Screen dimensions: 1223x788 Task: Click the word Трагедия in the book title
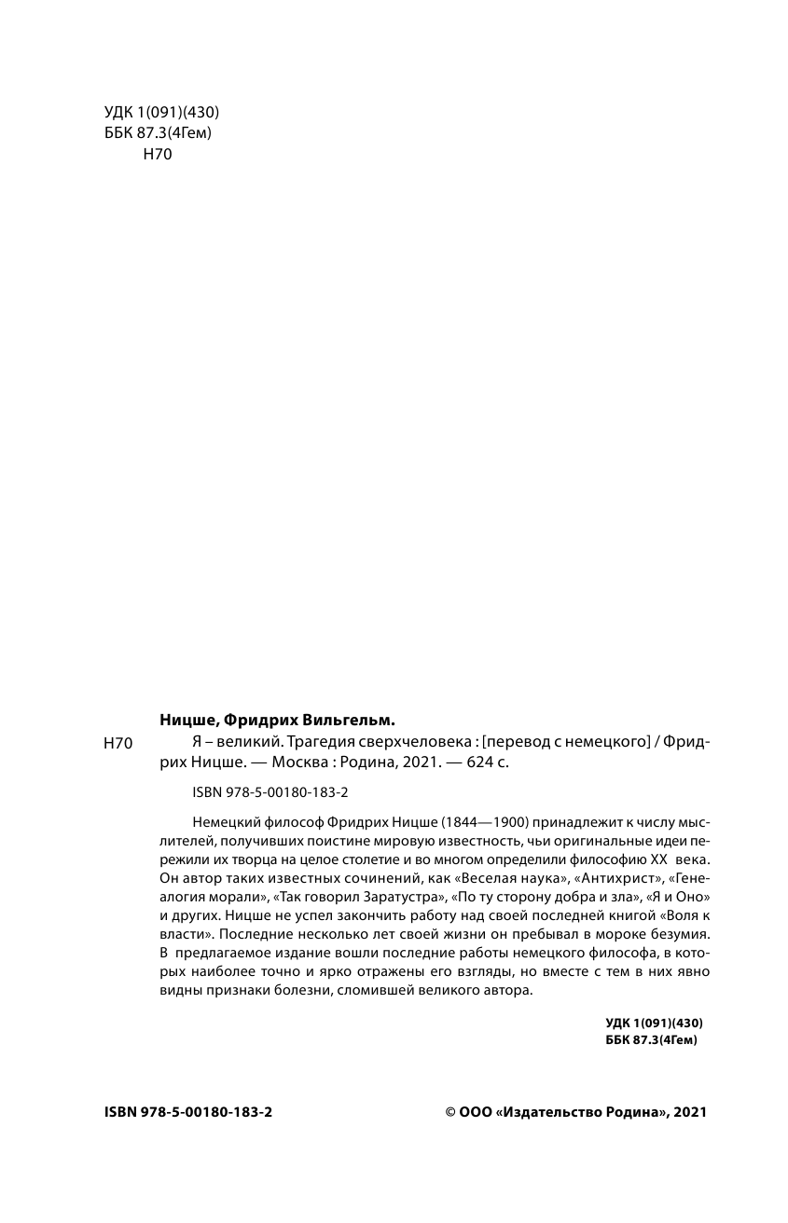(312, 742)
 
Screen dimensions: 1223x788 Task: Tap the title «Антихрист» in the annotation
(614, 876)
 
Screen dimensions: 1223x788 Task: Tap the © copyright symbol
(451, 1112)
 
